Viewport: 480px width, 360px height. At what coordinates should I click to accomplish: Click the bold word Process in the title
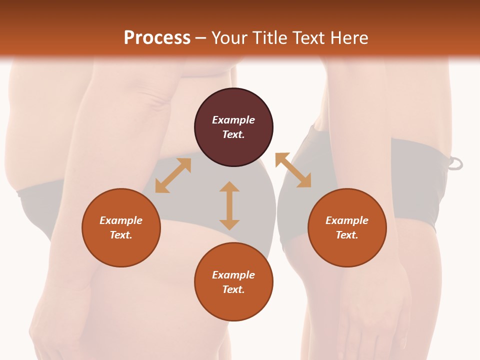point(157,38)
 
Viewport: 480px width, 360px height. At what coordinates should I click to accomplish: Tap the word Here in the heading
point(348,38)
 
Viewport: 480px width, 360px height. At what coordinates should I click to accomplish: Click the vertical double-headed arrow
point(229,205)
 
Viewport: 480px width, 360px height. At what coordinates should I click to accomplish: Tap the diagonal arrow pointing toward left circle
point(173,175)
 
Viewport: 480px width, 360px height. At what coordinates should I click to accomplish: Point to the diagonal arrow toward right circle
point(293,170)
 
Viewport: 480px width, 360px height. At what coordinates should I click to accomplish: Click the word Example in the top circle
point(233,120)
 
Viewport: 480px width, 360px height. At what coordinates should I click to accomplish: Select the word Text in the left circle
point(121,235)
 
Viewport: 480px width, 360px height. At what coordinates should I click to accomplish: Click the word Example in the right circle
point(347,220)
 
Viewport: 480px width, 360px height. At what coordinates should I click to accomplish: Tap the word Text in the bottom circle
point(233,289)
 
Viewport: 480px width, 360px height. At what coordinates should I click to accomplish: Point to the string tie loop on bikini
point(455,163)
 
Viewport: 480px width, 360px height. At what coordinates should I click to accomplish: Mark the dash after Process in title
point(200,38)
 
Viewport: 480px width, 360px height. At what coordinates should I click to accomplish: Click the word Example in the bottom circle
point(233,275)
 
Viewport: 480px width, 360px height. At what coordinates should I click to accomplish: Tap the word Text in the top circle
point(233,134)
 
